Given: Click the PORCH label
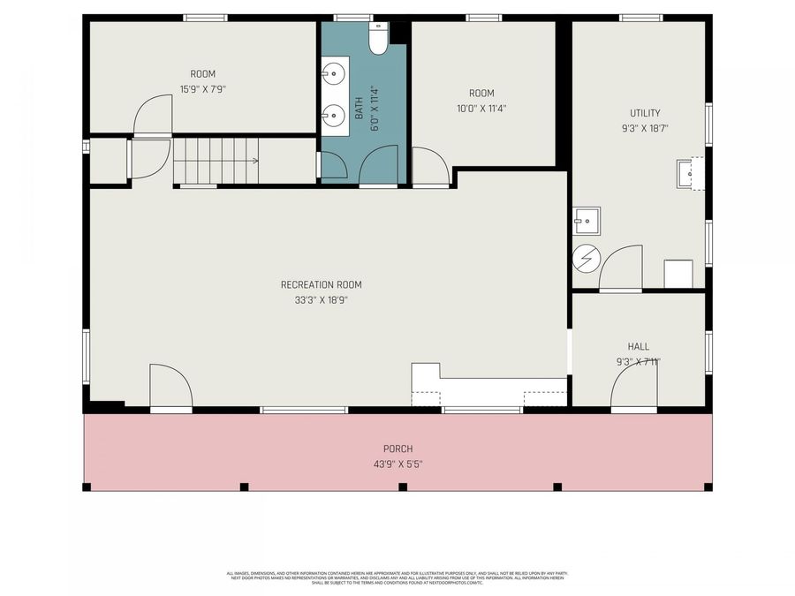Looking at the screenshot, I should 397,449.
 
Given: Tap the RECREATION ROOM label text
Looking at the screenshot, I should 321,284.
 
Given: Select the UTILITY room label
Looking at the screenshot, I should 644,113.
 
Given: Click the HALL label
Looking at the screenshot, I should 638,347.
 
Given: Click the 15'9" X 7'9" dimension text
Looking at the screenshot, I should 202,88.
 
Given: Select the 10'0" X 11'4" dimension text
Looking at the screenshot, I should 481,109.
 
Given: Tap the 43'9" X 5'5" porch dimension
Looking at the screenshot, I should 397,464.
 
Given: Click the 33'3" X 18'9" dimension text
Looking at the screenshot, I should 321,300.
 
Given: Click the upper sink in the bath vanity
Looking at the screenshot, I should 333,74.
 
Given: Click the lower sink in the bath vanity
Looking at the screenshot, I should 333,115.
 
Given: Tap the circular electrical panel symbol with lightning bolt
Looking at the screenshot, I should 586,258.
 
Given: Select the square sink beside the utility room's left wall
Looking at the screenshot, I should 586,221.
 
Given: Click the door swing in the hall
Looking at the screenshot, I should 632,387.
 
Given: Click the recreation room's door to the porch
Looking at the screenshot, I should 170,387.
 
